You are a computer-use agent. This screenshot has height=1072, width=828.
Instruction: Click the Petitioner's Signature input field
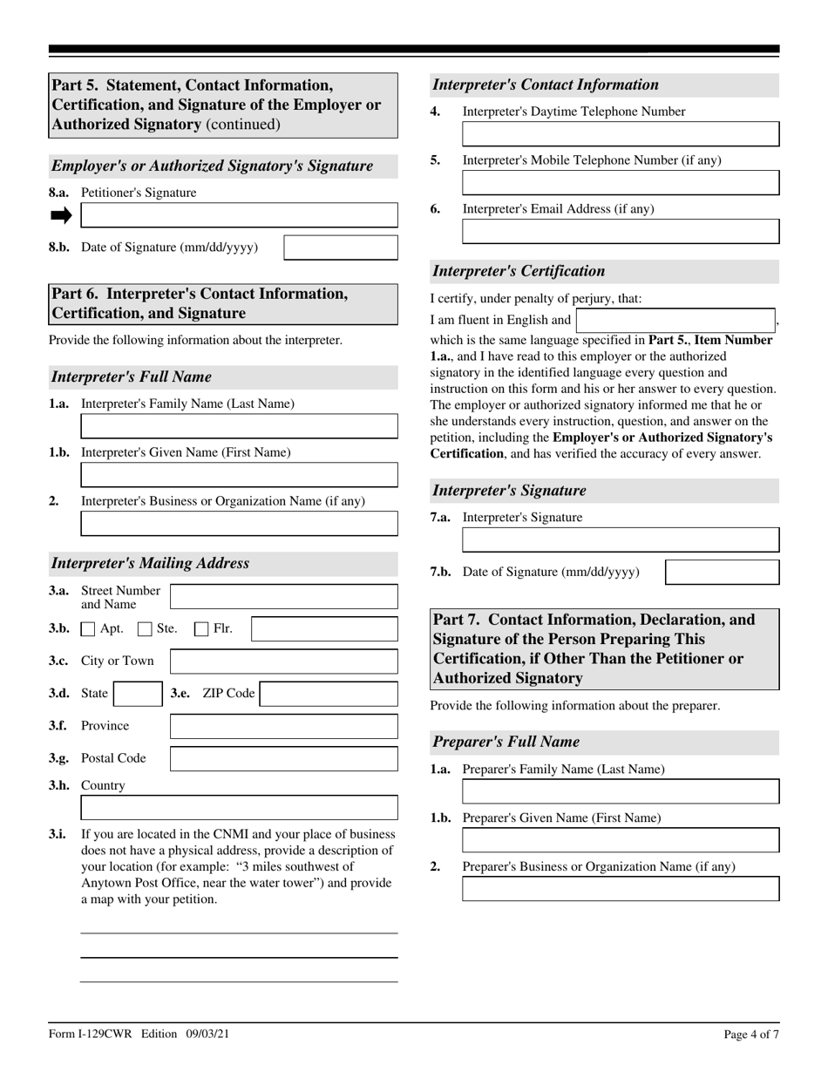click(239, 215)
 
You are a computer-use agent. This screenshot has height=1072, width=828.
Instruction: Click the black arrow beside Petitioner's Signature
click(61, 215)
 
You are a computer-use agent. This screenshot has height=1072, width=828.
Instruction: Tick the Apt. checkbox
click(88, 628)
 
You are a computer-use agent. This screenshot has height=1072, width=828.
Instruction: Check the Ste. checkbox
click(146, 628)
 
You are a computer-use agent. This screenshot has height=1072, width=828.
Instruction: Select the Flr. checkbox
click(201, 628)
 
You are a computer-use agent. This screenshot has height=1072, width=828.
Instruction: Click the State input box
click(138, 694)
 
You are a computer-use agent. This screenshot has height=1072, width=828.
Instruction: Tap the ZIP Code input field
click(329, 694)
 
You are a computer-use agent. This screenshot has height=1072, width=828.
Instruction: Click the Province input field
click(283, 726)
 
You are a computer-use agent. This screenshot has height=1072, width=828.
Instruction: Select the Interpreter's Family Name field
click(239, 426)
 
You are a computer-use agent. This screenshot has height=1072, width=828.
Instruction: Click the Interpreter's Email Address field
click(621, 231)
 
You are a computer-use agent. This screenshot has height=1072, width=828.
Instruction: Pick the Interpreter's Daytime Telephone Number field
click(621, 133)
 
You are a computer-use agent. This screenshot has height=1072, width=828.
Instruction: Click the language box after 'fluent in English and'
click(675, 320)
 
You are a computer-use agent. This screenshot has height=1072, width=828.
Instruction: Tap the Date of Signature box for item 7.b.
click(722, 572)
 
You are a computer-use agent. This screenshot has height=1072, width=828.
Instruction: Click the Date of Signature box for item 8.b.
click(341, 248)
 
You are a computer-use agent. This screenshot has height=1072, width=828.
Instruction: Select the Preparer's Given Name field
click(621, 840)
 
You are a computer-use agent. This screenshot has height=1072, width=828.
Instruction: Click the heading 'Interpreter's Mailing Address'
click(150, 563)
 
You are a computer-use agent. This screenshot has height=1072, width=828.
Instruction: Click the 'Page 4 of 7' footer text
click(751, 1035)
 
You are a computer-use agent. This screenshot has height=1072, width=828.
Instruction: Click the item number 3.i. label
click(58, 834)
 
